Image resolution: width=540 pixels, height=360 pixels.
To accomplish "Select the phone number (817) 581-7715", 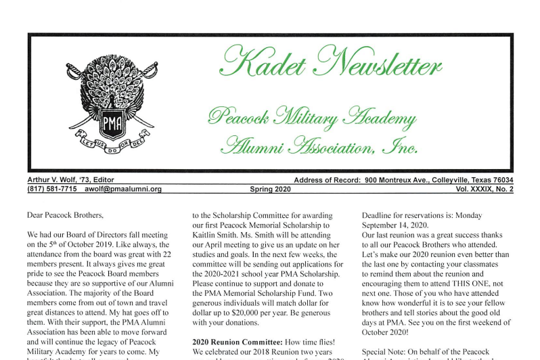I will pyautogui.click(x=51, y=189).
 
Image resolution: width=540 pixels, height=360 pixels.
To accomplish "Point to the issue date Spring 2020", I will pyautogui.click(x=270, y=189).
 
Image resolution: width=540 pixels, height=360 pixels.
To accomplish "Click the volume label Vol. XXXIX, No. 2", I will pyautogui.click(x=484, y=189).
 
